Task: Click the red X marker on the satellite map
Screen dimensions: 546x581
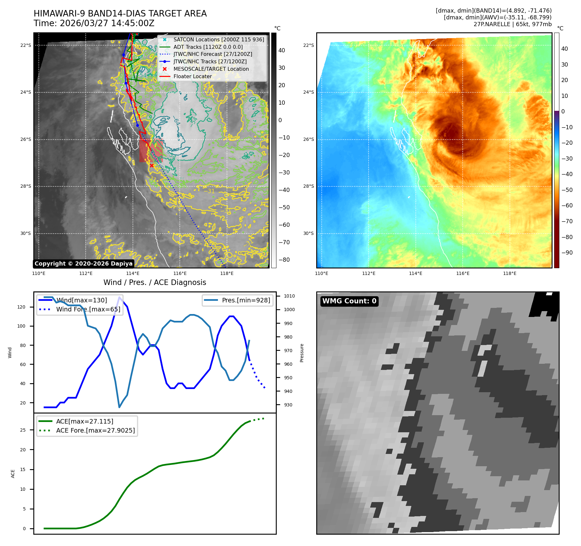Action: pyautogui.click(x=152, y=166)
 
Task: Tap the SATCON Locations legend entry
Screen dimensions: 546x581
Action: pyautogui.click(x=219, y=39)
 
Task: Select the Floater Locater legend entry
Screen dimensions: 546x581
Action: pyautogui.click(x=193, y=77)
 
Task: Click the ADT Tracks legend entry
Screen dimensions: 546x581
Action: pyautogui.click(x=208, y=47)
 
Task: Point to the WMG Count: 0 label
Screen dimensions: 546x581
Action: pyautogui.click(x=349, y=301)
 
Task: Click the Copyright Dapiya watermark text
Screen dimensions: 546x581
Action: pyautogui.click(x=83, y=264)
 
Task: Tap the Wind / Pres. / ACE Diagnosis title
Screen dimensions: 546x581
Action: pyautogui.click(x=155, y=282)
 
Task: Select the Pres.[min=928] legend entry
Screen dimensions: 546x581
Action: pyautogui.click(x=246, y=300)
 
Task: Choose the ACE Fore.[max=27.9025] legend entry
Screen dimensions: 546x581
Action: pyautogui.click(x=95, y=430)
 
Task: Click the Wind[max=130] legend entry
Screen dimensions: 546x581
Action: pyautogui.click(x=81, y=300)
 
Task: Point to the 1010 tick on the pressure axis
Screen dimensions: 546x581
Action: pyautogui.click(x=289, y=296)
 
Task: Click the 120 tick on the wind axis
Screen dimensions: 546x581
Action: pyautogui.click(x=21, y=307)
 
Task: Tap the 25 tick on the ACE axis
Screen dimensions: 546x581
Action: pyautogui.click(x=23, y=430)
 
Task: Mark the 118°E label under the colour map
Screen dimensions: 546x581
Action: pyautogui.click(x=510, y=273)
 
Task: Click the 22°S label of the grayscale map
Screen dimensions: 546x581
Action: pyautogui.click(x=26, y=45)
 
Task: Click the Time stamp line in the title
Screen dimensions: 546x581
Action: pyautogui.click(x=94, y=24)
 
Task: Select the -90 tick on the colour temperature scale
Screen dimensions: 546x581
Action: pyautogui.click(x=567, y=253)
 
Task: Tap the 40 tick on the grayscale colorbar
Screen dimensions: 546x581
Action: pyautogui.click(x=282, y=50)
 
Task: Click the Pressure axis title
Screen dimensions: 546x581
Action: pyautogui.click(x=302, y=353)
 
